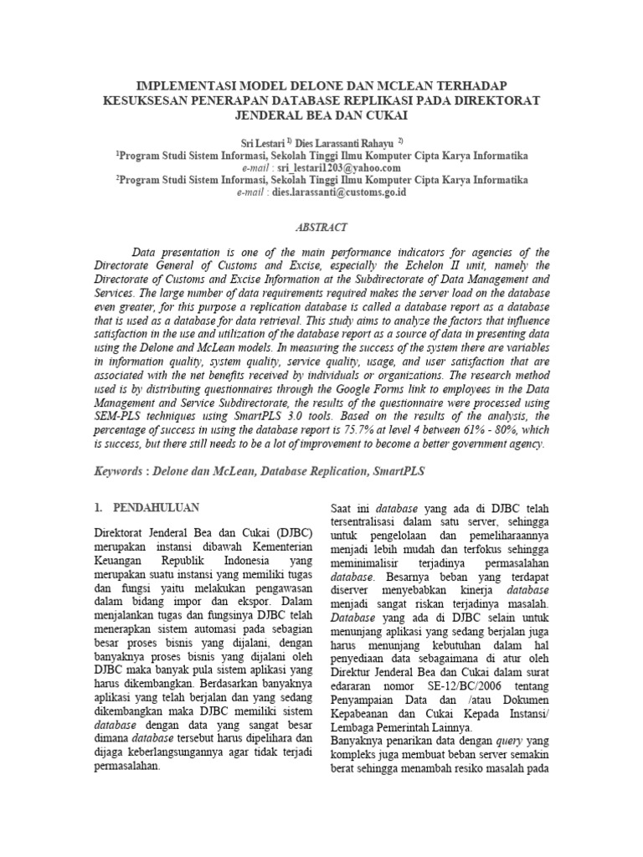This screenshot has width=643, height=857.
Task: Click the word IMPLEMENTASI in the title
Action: coord(178,85)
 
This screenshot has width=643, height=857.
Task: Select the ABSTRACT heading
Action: coord(321,227)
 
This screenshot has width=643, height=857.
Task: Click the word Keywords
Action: coord(117,472)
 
